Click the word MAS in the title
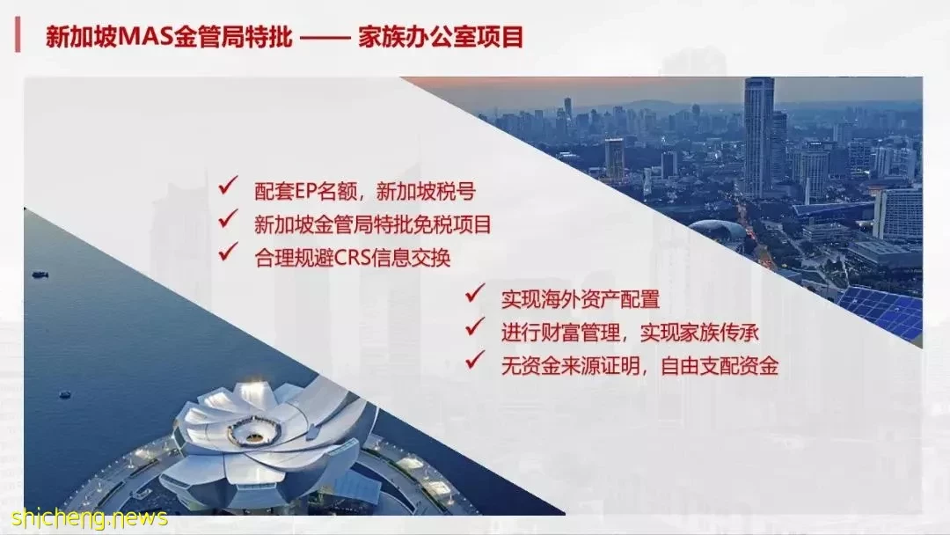tap(144, 37)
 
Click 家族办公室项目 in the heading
tap(441, 37)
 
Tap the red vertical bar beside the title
tap(18, 35)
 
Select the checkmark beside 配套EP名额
tap(229, 185)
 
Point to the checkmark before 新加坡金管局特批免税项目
tap(229, 218)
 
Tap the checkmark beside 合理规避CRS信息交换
tap(229, 251)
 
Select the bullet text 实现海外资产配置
tap(580, 299)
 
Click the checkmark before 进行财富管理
tap(475, 326)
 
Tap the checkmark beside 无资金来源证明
tap(475, 359)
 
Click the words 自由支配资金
tap(720, 366)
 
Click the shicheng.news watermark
tap(89, 518)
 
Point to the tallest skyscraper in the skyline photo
tap(758, 136)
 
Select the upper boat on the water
tap(40, 275)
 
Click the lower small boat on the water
tap(65, 395)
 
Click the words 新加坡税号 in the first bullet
tap(426, 192)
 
